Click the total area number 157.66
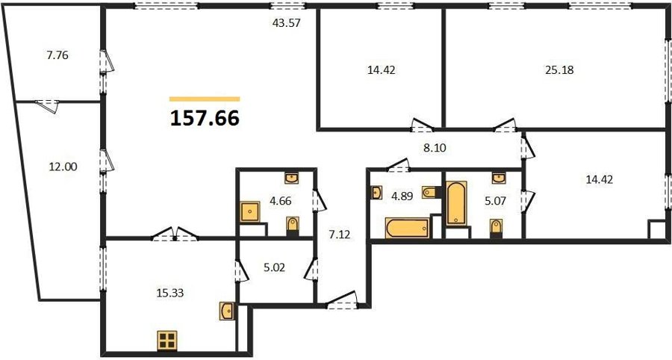[x=205, y=118]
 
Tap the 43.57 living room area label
[x=286, y=22]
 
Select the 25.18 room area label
[x=559, y=70]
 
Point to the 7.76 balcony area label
[x=57, y=55]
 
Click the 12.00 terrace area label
[x=63, y=167]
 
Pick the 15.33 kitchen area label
[x=170, y=293]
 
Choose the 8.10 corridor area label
[x=435, y=149]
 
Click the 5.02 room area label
[x=273, y=267]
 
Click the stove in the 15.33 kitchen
[x=167, y=341]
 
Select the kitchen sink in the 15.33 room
[x=227, y=311]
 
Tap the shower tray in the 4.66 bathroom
[x=250, y=211]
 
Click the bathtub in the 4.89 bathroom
[x=407, y=228]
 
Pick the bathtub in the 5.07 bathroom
[x=456, y=203]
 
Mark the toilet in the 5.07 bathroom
[x=496, y=227]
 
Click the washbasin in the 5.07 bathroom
[x=499, y=179]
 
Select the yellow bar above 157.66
[x=205, y=99]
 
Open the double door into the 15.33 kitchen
[x=175, y=234]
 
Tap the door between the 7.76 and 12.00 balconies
[x=47, y=106]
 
